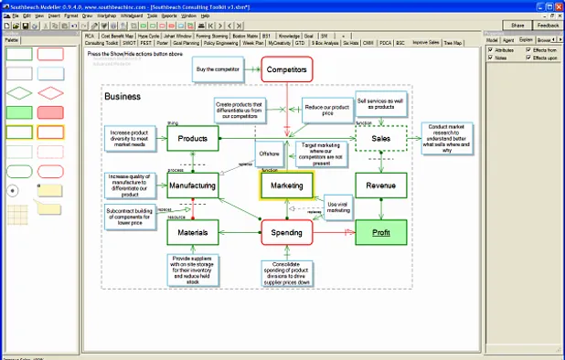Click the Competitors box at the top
[287, 69]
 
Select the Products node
[192, 139]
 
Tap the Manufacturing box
[192, 185]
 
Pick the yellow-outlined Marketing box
[287, 185]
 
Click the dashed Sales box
[380, 139]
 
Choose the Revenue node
[380, 185]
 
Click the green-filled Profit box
[380, 233]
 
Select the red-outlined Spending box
[287, 233]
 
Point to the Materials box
[192, 233]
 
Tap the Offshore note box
[268, 154]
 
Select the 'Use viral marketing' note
[339, 206]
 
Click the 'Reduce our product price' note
[326, 110]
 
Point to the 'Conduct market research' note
[447, 138]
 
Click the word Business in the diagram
[123, 96]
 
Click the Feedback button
[548, 26]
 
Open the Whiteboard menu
[138, 16]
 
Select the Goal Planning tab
[187, 42]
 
